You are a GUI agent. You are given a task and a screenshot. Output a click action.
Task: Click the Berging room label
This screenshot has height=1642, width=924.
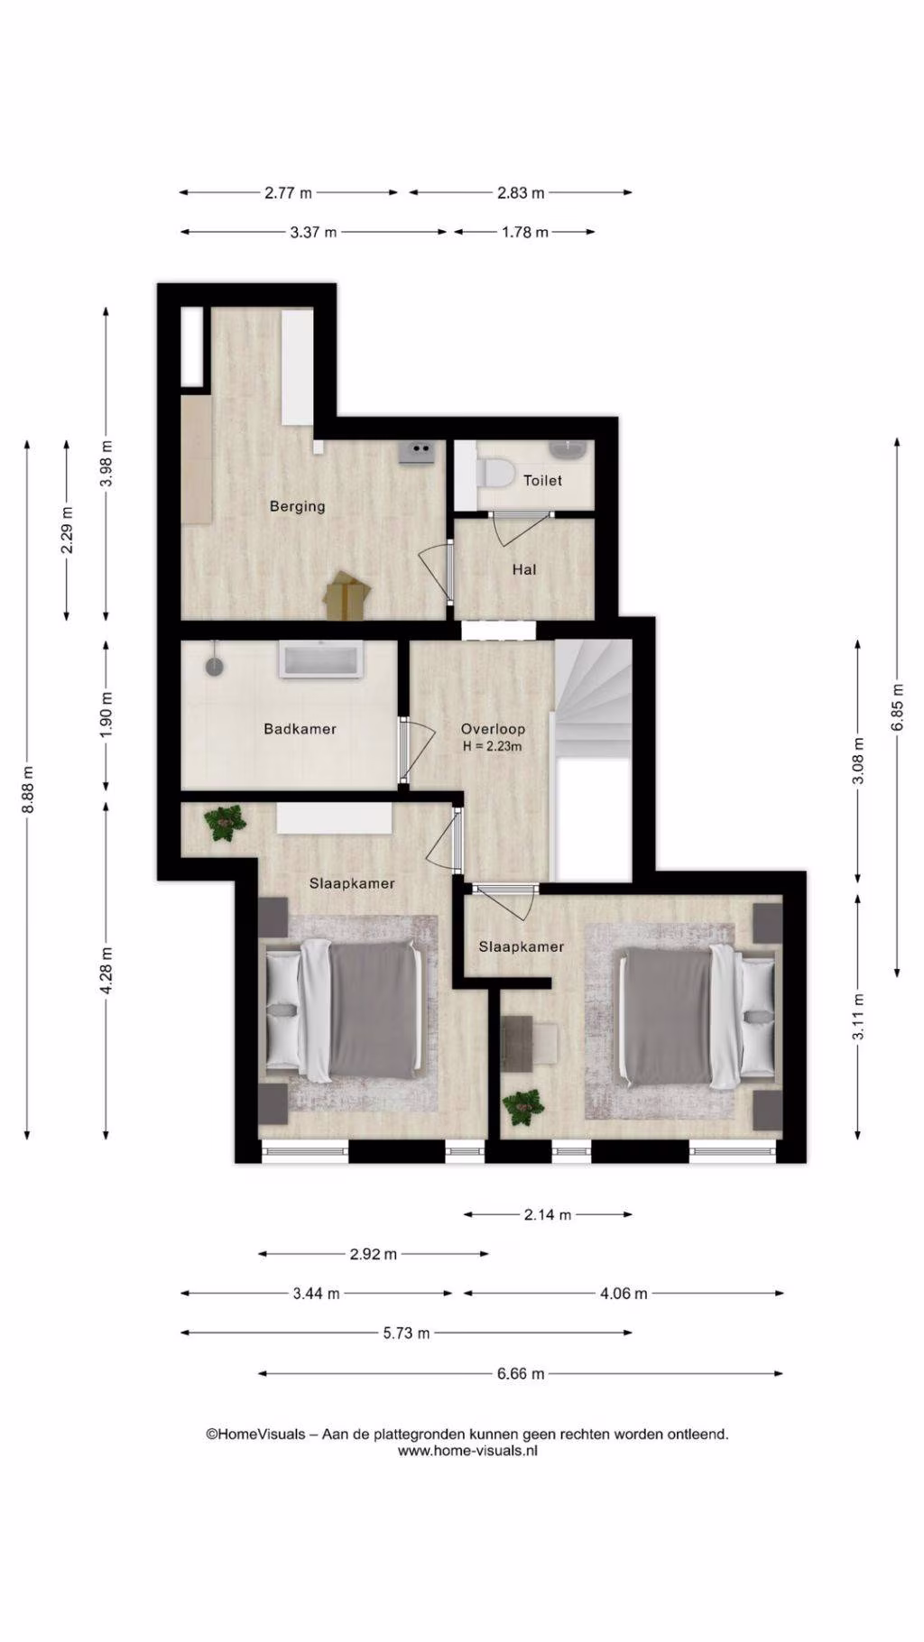tap(297, 506)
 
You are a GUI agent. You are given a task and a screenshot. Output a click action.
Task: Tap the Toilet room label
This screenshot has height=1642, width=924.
tap(542, 481)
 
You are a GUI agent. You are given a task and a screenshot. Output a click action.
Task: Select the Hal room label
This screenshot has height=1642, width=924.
tap(524, 569)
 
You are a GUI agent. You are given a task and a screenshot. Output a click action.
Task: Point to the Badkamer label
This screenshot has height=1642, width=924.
tap(300, 729)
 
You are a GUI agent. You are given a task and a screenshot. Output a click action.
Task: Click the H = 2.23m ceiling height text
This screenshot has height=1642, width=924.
tap(493, 746)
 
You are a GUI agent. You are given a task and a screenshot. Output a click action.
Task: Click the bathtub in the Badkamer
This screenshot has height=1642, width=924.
tap(322, 660)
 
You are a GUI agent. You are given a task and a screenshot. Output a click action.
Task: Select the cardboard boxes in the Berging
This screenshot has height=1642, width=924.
tap(347, 595)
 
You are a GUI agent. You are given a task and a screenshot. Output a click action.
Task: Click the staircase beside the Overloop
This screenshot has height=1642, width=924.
tap(593, 698)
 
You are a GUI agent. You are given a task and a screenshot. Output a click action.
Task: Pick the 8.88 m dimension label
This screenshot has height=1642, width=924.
tap(28, 789)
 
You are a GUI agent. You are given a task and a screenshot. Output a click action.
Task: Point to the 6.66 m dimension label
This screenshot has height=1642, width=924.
tap(521, 1374)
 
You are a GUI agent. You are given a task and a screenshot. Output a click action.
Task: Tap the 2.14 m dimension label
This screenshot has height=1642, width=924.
tap(548, 1214)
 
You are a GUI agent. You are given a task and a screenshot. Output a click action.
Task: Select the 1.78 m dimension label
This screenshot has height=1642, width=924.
tap(525, 232)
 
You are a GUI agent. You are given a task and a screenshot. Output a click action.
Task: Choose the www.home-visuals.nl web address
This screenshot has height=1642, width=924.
tap(467, 1451)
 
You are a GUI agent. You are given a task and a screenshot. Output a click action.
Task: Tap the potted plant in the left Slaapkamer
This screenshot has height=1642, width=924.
tap(224, 823)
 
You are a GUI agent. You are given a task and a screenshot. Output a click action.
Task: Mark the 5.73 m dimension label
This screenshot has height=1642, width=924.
tap(406, 1333)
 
